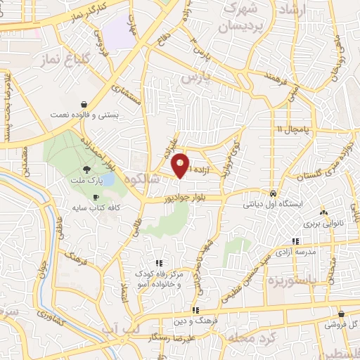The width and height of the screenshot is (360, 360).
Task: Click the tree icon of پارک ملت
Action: (x=87, y=169)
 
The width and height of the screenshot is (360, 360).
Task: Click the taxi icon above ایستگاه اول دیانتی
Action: (x=273, y=194)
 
